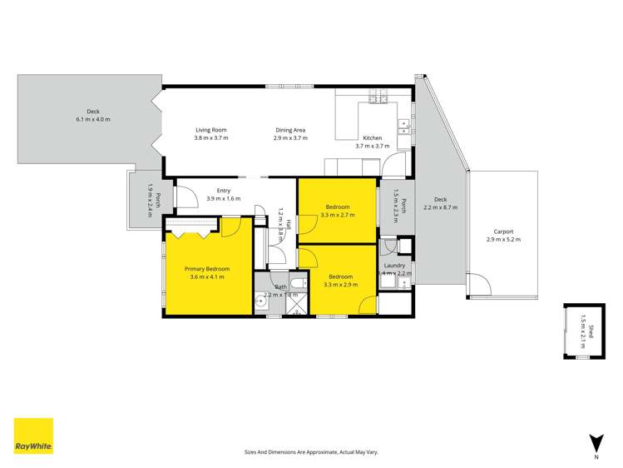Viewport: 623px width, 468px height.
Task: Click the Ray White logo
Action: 33,436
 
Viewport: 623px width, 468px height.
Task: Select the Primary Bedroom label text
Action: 206,269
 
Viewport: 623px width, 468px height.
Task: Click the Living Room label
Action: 210,130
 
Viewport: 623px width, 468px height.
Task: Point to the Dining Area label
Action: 290,130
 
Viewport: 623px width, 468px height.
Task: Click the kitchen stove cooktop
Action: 378,97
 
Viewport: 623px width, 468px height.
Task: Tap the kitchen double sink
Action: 404,126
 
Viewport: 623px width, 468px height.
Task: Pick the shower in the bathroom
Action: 297,308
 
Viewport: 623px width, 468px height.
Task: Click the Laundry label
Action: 395,266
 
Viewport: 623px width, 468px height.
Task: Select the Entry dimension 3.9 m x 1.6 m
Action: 223,199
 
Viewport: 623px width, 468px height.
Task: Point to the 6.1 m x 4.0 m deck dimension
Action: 92,120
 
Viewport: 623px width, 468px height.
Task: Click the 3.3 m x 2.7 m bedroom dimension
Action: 338,215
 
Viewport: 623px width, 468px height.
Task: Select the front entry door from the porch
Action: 185,196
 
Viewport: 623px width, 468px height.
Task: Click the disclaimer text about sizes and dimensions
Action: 311,452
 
